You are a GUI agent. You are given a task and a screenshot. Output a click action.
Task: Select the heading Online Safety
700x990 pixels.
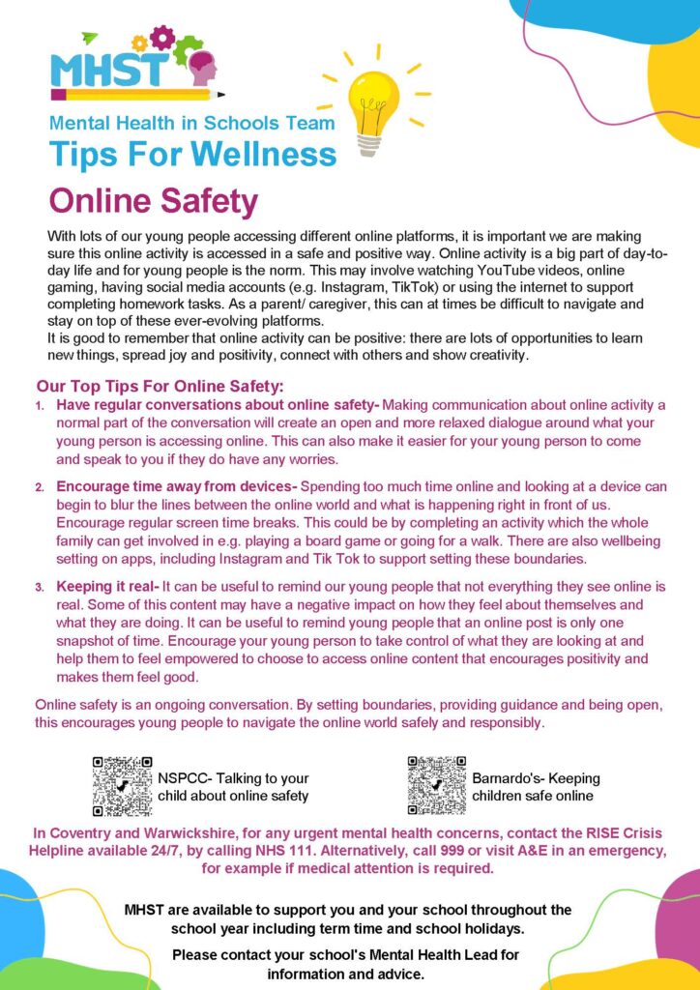[154, 202]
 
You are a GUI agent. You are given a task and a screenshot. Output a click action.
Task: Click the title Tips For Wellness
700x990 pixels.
[192, 153]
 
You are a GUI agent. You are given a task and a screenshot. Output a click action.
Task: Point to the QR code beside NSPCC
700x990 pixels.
[122, 786]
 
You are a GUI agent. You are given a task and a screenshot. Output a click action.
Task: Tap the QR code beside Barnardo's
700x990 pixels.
[436, 786]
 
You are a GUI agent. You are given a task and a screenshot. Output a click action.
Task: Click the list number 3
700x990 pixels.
[40, 588]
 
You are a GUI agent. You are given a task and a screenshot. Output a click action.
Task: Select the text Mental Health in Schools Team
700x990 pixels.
[192, 123]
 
